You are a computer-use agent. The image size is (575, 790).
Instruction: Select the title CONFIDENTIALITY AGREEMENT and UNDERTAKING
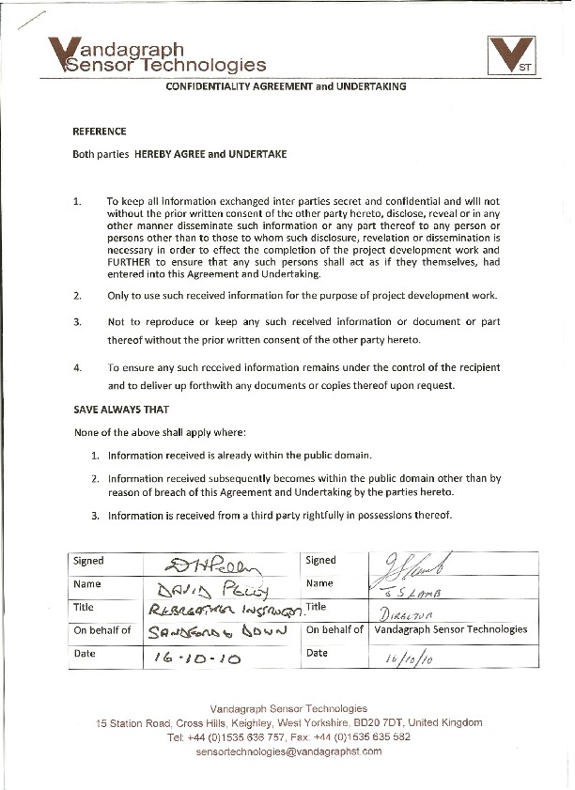click(x=286, y=85)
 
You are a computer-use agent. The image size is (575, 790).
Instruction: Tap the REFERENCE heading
click(x=100, y=131)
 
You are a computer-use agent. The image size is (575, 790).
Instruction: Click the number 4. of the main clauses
click(x=78, y=367)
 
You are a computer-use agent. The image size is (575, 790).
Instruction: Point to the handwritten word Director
click(x=401, y=611)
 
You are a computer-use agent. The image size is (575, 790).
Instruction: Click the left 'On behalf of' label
click(x=102, y=630)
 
